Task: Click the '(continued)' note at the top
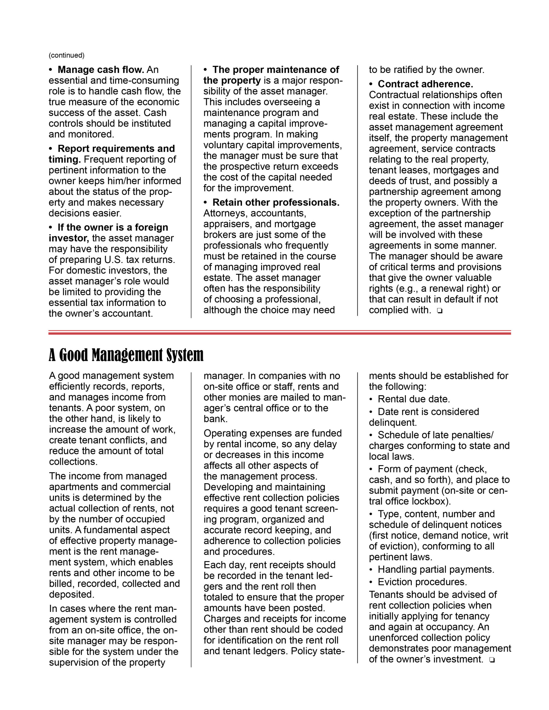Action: pos(66,55)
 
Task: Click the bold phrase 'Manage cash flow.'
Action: pos(101,70)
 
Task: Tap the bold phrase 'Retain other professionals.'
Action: pos(276,202)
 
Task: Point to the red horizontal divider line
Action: pos(279,333)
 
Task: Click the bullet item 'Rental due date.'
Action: pos(414,399)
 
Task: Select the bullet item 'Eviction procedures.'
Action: pos(422,582)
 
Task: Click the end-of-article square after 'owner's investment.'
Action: pos(492,660)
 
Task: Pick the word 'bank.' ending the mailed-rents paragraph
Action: pos(215,419)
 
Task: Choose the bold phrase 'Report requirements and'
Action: pos(116,149)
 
